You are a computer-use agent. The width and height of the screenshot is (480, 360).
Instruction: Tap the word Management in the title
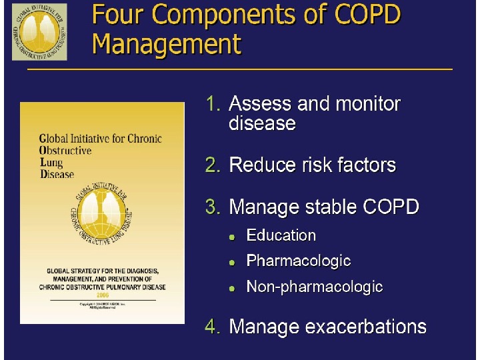[167, 44]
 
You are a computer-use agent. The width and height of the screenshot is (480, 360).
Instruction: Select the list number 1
[213, 104]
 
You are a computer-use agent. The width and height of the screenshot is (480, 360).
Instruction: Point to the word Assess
[260, 104]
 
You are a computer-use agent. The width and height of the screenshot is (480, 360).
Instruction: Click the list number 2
[213, 165]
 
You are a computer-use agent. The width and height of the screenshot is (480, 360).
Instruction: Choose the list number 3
[213, 207]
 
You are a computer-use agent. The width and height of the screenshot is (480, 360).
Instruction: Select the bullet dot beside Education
[232, 237]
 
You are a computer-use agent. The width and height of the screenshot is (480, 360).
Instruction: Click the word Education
[281, 235]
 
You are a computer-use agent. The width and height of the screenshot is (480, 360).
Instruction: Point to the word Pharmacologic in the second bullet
[298, 261]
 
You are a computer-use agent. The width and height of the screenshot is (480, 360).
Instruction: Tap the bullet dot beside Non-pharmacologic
[232, 289]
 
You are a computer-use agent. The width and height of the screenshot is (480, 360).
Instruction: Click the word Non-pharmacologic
[314, 287]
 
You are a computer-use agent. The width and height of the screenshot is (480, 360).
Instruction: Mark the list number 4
[213, 327]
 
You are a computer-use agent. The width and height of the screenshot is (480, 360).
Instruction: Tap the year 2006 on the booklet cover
[102, 293]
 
